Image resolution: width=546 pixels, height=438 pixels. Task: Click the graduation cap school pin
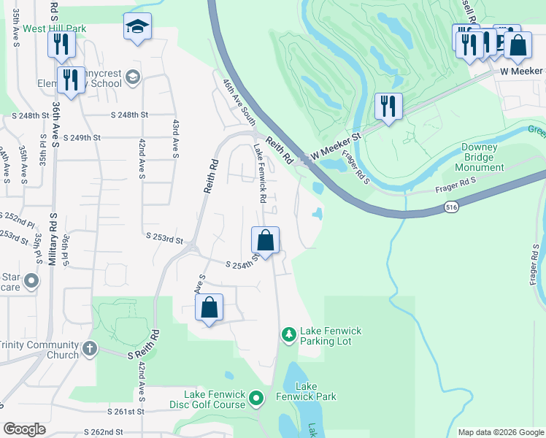pyautogui.click(x=136, y=27)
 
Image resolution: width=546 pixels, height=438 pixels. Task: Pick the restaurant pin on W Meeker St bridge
pyautogui.click(x=388, y=107)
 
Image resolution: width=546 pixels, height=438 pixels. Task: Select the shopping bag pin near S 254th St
pyautogui.click(x=265, y=240)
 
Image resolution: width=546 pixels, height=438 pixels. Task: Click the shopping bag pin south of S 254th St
pyautogui.click(x=209, y=307)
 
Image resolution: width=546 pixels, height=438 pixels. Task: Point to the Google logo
pyautogui.click(x=24, y=429)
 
